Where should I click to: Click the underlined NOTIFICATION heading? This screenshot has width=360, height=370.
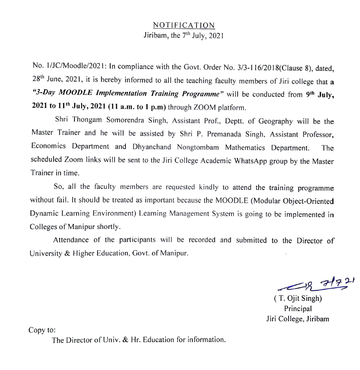(184, 26)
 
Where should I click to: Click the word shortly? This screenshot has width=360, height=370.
(108, 227)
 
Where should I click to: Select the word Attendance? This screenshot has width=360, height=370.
(71, 240)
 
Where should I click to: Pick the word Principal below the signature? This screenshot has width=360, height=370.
(297, 309)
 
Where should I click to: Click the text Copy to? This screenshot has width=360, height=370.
(42, 330)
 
